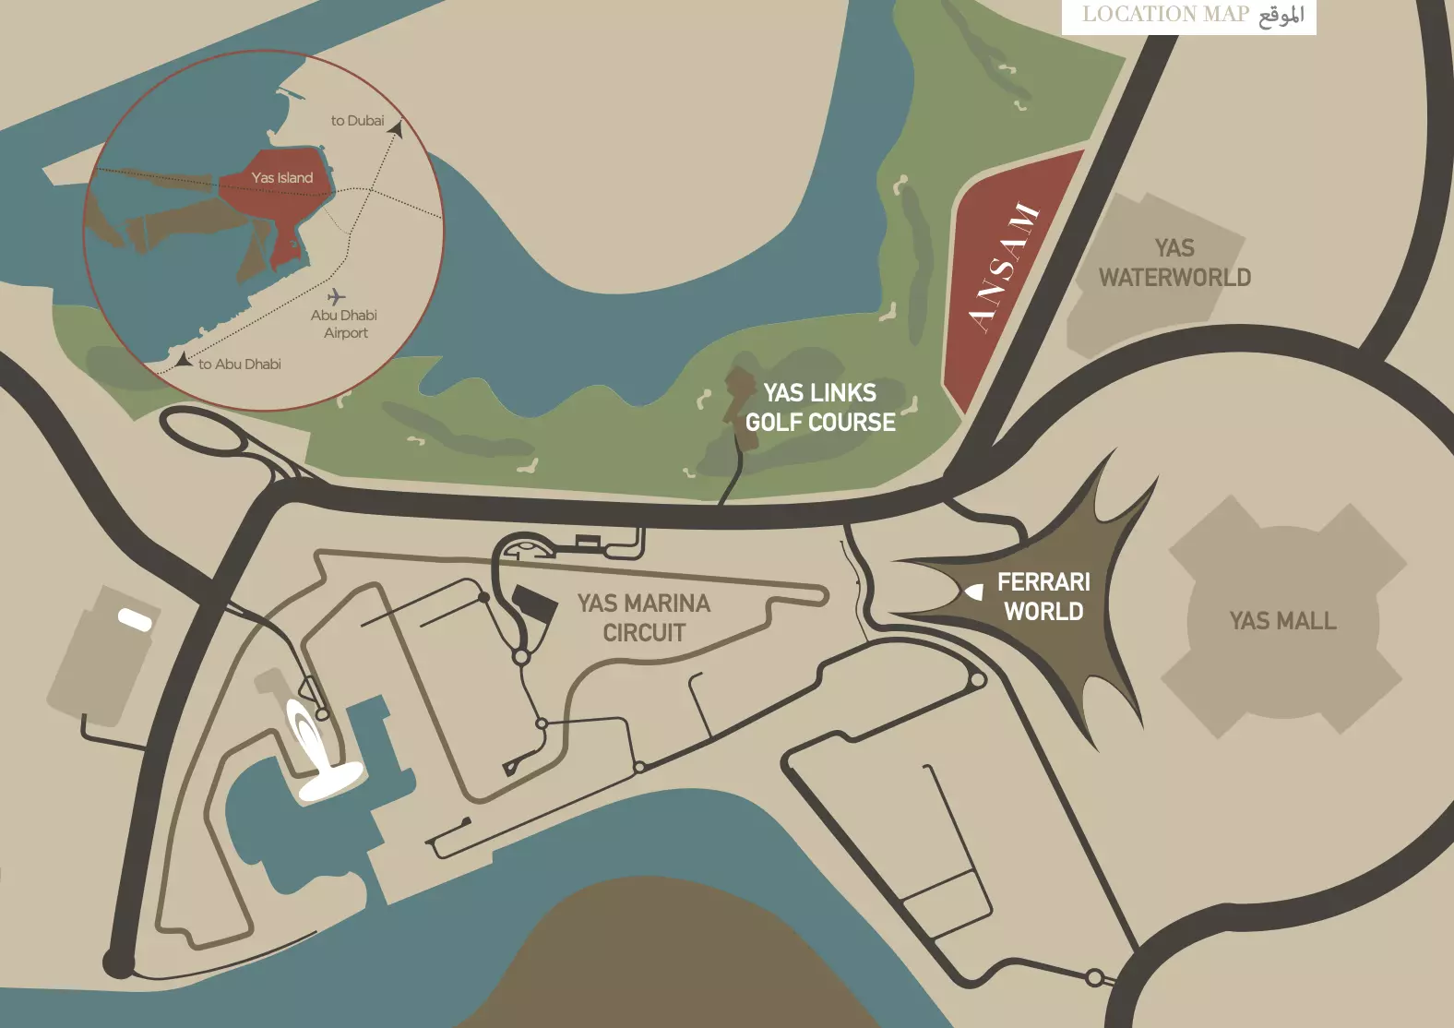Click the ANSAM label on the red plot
1005,269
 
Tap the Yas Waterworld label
1174,263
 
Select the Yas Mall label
1282,621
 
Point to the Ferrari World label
1043,596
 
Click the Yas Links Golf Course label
820,408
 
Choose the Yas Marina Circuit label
644,618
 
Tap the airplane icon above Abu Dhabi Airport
337,296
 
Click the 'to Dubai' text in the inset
357,121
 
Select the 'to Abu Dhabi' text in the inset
240,365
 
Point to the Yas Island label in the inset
282,178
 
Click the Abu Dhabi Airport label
344,324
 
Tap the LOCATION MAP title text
1165,15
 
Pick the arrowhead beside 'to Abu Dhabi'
185,360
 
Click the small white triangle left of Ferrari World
974,592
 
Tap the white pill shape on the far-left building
135,619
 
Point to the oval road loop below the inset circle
205,430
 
